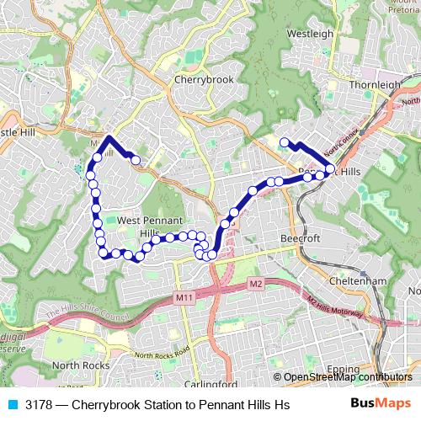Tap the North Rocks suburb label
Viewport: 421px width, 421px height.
(x=82, y=365)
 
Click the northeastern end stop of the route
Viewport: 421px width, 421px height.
(x=285, y=142)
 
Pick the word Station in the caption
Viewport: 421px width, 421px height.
(x=169, y=405)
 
